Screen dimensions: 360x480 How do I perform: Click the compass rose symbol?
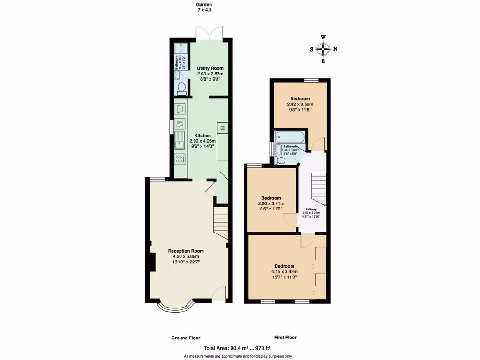coord(323,49)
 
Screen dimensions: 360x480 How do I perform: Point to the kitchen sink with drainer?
coord(180,140)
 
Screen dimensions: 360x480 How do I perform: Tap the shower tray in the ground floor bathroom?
coord(181,49)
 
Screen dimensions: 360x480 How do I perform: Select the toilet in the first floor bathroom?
coord(280,160)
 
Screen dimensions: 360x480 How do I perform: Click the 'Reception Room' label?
coord(186,251)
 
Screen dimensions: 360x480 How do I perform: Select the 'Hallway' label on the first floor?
coord(312,210)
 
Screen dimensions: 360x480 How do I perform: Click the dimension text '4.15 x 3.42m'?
coord(285,271)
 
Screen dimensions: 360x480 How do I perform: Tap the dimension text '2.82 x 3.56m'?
coord(300,104)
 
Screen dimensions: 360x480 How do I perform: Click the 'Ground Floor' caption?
coord(185,337)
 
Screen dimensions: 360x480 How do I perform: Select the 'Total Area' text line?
coord(237,348)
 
